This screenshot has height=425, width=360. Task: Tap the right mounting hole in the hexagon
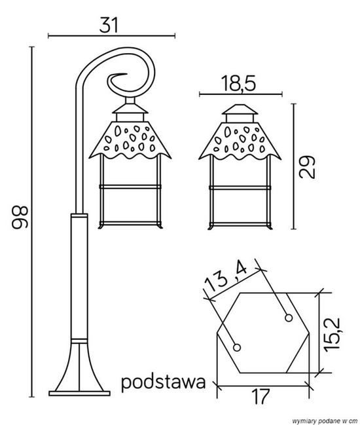287,318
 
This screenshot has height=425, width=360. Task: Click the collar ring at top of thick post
79,215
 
